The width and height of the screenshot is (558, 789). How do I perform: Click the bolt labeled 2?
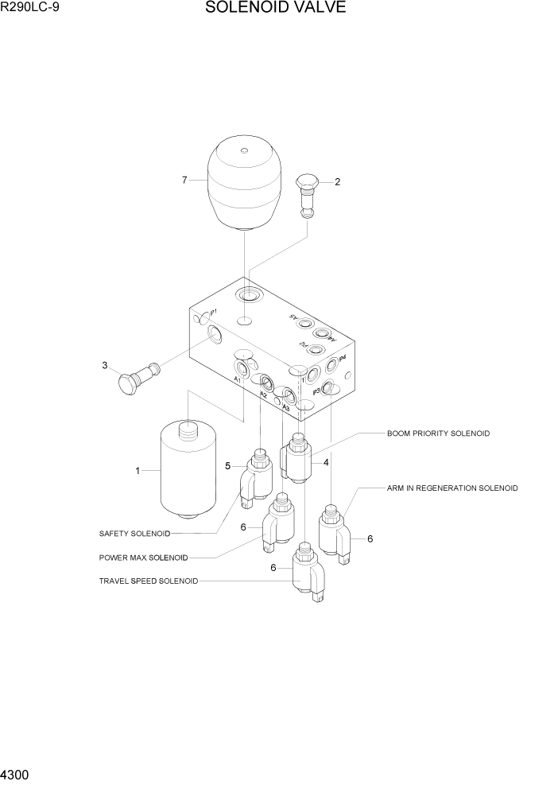tap(308, 195)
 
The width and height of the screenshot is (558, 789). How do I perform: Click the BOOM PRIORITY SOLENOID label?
tap(438, 433)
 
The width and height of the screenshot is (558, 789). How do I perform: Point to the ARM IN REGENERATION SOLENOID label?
tap(452, 488)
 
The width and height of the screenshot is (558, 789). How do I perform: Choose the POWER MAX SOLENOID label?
tap(143, 558)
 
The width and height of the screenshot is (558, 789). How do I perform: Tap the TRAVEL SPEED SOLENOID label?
tap(148, 581)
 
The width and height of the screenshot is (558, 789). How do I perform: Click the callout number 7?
tap(184, 180)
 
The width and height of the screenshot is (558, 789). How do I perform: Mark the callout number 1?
tap(137, 471)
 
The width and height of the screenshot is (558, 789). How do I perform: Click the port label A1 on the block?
tap(237, 380)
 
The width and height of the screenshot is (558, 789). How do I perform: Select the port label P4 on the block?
tap(342, 359)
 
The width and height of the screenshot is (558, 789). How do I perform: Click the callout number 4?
tap(326, 463)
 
